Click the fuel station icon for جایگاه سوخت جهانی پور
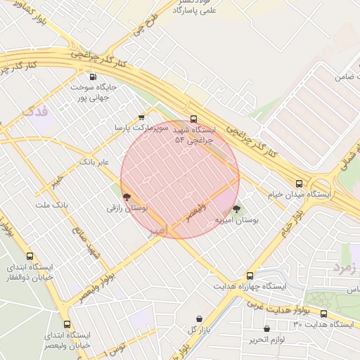[92, 77]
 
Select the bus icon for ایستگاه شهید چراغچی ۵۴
[194, 120]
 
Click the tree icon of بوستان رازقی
[127, 198]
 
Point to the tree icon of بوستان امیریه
[236, 210]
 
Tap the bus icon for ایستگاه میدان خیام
[300, 183]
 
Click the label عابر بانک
[94, 162]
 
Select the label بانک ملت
[51, 205]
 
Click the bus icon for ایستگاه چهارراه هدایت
[250, 276]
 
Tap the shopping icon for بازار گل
[199, 319]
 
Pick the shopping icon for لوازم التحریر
[266, 329]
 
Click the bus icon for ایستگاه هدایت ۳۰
[323, 314]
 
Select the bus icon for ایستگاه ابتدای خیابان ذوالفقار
[30, 257]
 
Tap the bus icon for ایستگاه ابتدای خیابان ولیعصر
[67, 324]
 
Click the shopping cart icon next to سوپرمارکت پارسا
[141, 117]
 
